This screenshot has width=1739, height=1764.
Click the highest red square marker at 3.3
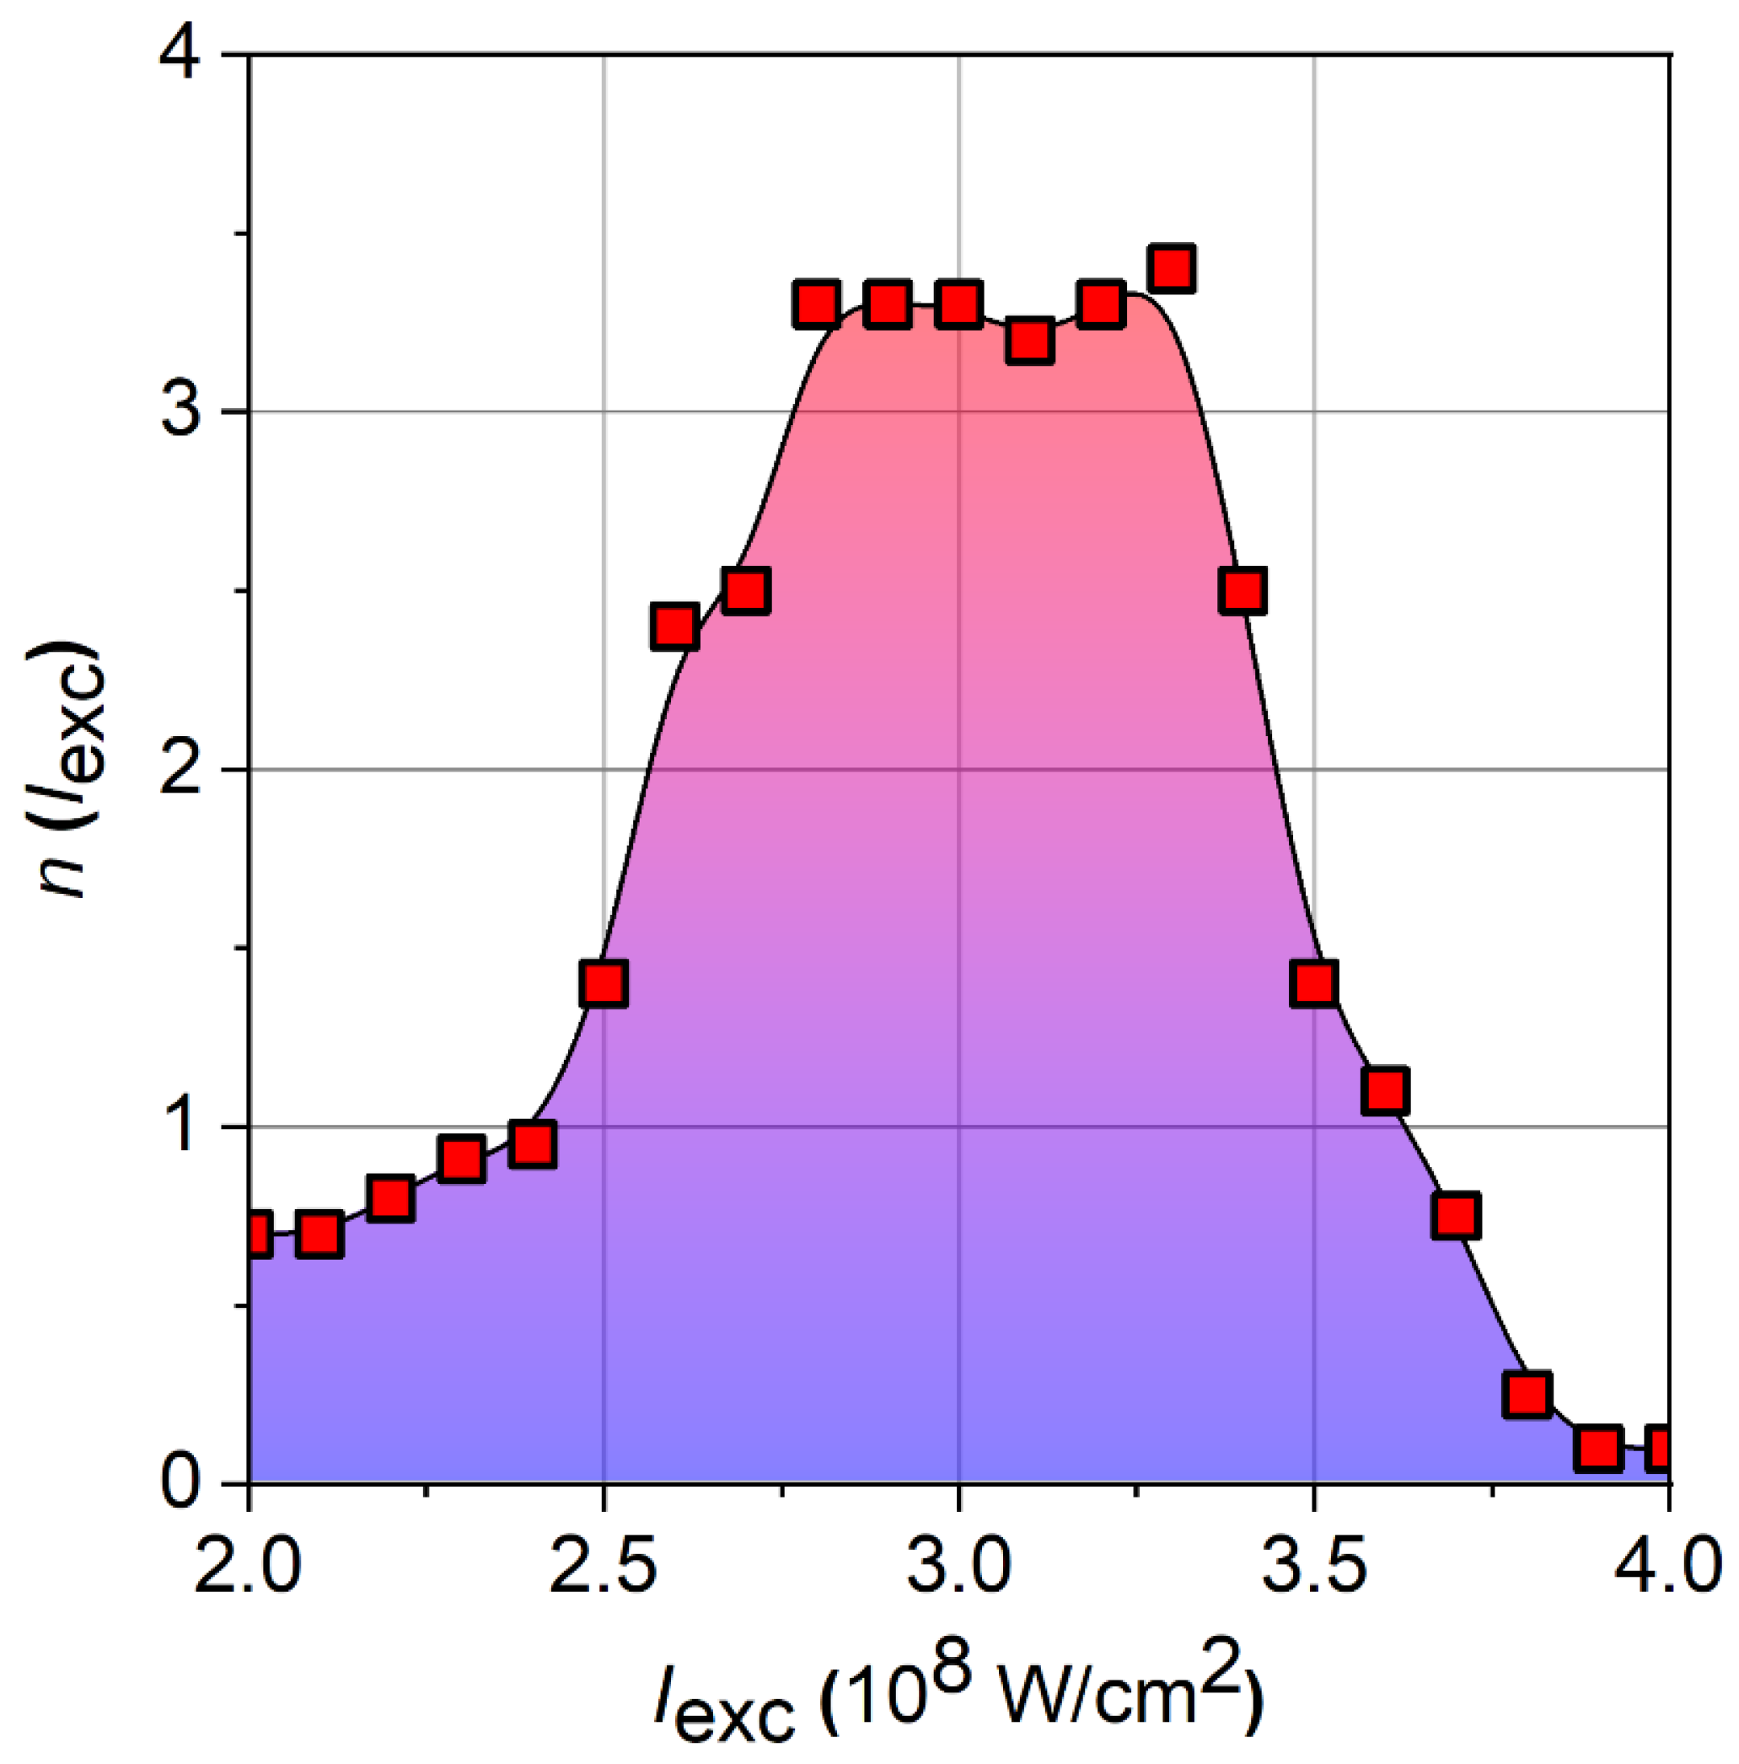pyautogui.click(x=1172, y=269)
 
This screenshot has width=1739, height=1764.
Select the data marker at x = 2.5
pyautogui.click(x=603, y=983)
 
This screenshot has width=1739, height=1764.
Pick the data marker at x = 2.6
pyautogui.click(x=674, y=627)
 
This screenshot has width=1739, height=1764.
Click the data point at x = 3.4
pyautogui.click(x=1243, y=591)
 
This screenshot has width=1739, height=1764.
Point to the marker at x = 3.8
pyautogui.click(x=1527, y=1396)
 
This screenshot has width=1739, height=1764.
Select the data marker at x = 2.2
pyautogui.click(x=390, y=1198)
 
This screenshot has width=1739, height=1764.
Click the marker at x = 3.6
pyautogui.click(x=1385, y=1090)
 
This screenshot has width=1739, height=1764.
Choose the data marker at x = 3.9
pyautogui.click(x=1597, y=1448)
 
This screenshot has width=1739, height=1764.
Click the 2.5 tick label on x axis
pyautogui.click(x=603, y=1566)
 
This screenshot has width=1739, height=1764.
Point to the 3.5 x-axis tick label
pyautogui.click(x=1312, y=1566)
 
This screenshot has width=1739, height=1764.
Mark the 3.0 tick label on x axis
pyautogui.click(x=958, y=1566)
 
